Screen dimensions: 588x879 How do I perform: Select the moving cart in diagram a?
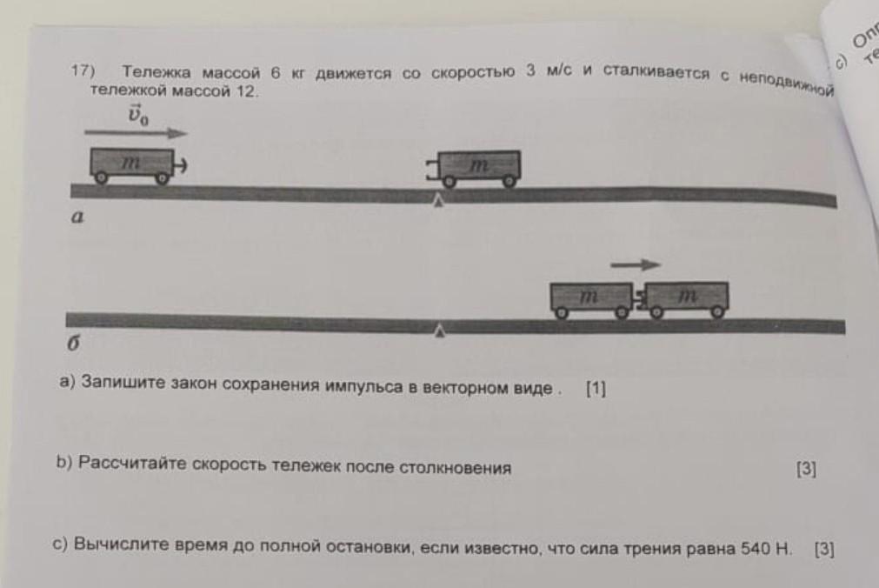tap(131, 164)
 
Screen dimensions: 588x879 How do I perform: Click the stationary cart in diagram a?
tap(477, 166)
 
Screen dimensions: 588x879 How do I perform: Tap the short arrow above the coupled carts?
tap(635, 264)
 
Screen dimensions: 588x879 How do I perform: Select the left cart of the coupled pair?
tap(590, 297)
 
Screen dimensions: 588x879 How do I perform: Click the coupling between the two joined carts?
tap(639, 300)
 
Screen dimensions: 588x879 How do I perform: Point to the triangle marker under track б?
tap(442, 331)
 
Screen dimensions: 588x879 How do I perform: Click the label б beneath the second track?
tap(74, 344)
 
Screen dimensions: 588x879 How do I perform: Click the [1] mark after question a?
tap(596, 389)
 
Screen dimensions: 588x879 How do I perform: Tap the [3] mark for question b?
tap(806, 470)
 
